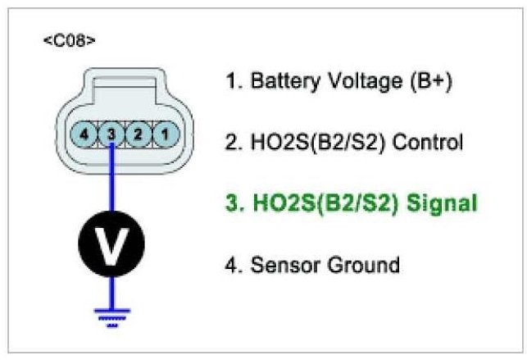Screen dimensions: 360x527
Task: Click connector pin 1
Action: [164, 132]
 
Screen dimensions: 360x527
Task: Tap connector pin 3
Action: [111, 132]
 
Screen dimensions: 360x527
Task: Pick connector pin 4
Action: [86, 132]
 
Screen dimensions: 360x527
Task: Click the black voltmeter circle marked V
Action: [111, 243]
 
